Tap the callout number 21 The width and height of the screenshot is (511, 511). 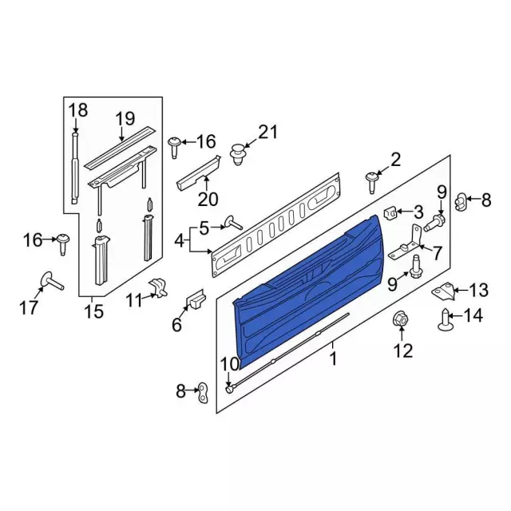click(268, 133)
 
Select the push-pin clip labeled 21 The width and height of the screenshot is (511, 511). click(238, 153)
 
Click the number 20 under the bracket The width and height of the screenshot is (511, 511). click(208, 199)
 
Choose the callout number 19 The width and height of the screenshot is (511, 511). click(125, 119)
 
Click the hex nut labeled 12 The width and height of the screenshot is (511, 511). click(401, 319)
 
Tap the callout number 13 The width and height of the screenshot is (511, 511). click(479, 290)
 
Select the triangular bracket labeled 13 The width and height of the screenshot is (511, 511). click(444, 291)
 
